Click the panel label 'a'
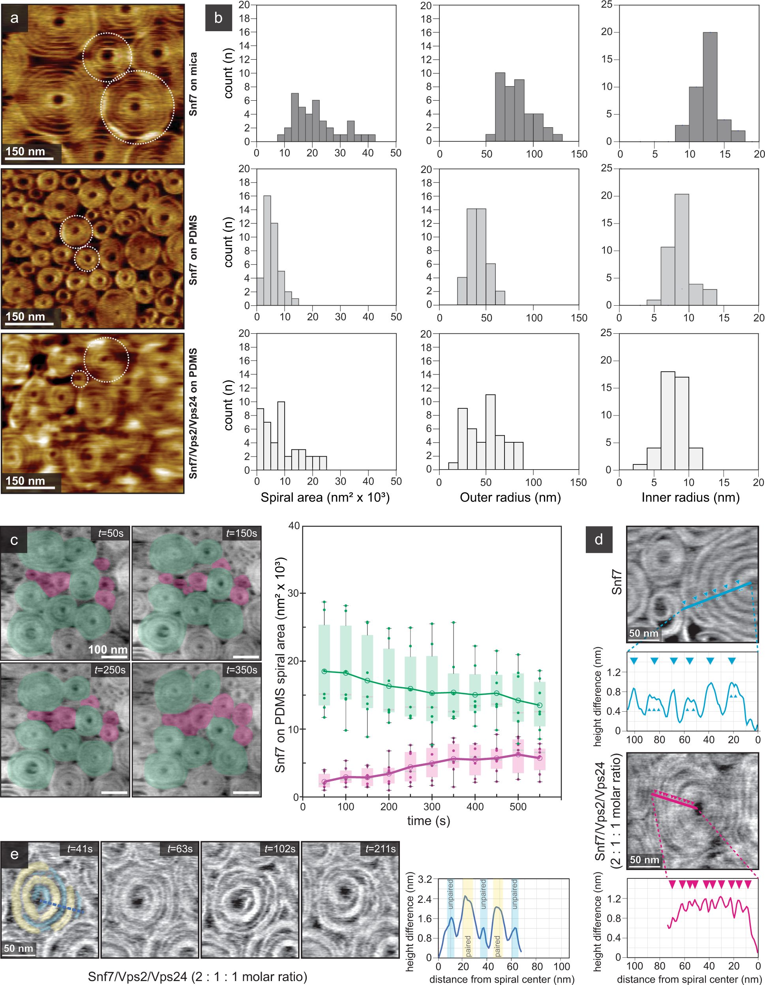tap(15, 19)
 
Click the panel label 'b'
tap(219, 19)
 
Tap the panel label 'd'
tap(599, 539)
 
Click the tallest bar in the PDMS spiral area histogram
tap(267, 250)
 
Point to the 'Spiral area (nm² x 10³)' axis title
tap(325, 498)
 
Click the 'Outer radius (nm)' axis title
tap(510, 498)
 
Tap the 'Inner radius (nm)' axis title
tap(690, 498)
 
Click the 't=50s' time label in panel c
tap(111, 533)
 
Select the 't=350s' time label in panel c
tap(242, 670)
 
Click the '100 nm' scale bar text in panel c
tap(108, 649)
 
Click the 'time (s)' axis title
tap(428, 821)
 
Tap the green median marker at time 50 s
tap(324, 671)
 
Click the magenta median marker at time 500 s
tap(518, 754)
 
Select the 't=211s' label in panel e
tap(381, 849)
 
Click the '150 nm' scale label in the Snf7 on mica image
tap(26, 152)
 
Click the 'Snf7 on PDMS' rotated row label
tap(193, 250)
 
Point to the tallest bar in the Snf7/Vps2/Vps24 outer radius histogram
tap(490, 432)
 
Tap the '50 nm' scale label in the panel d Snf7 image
tap(643, 633)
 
